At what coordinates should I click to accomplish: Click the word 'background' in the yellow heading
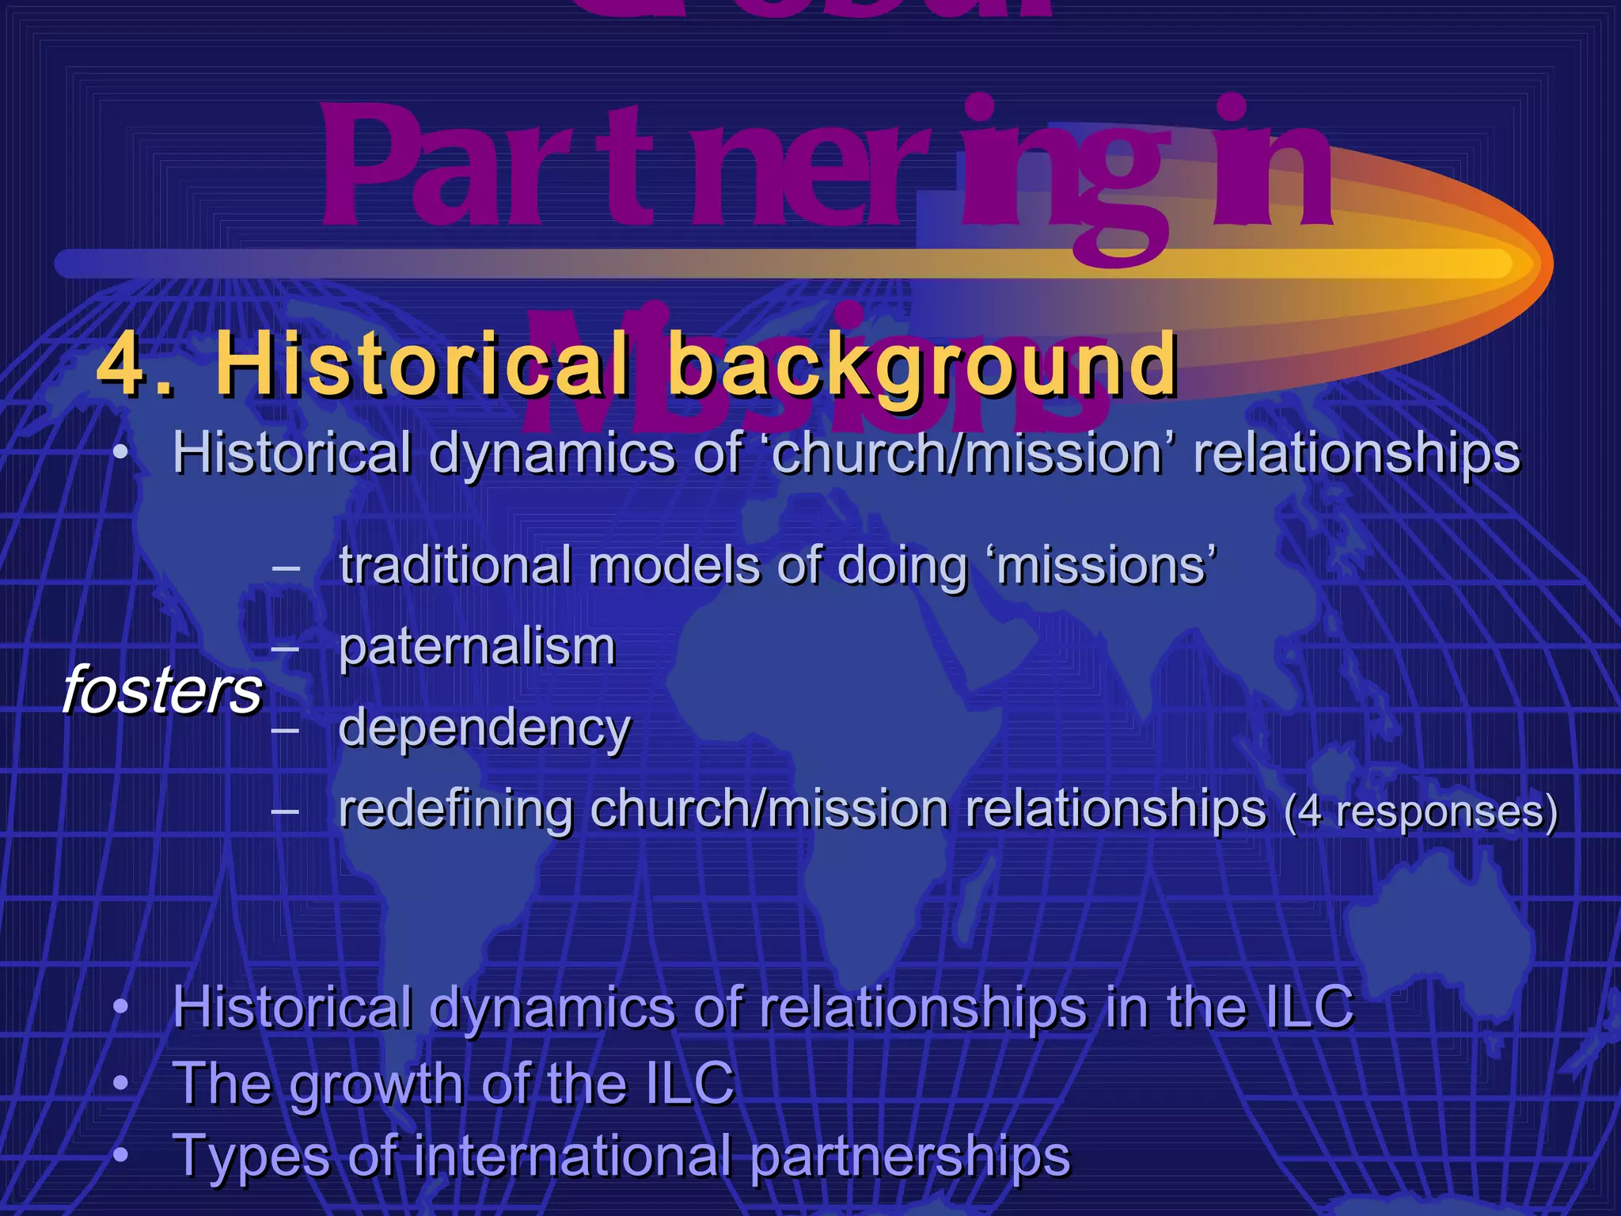[923, 367]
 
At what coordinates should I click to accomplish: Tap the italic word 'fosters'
[161, 690]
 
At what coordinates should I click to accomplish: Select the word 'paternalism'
[476, 648]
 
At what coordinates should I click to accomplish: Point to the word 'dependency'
[484, 728]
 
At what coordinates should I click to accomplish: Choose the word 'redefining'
[455, 810]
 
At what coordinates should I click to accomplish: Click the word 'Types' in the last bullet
[249, 1157]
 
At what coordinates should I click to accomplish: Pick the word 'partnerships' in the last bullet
[910, 1157]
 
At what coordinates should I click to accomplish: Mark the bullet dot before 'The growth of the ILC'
[120, 1081]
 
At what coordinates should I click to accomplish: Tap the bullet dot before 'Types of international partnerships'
[120, 1155]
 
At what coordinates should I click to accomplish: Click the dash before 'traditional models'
[285, 568]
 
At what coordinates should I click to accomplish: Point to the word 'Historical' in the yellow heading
[423, 365]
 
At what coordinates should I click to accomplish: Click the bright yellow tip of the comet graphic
[1488, 264]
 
